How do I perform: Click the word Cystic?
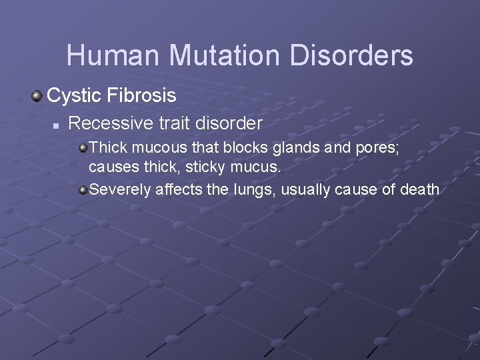coord(73,96)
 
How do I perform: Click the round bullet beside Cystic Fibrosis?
coord(37,96)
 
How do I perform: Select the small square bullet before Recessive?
coord(57,125)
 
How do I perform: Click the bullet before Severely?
coord(83,190)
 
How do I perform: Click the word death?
coord(419,190)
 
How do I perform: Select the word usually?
coord(305,191)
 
